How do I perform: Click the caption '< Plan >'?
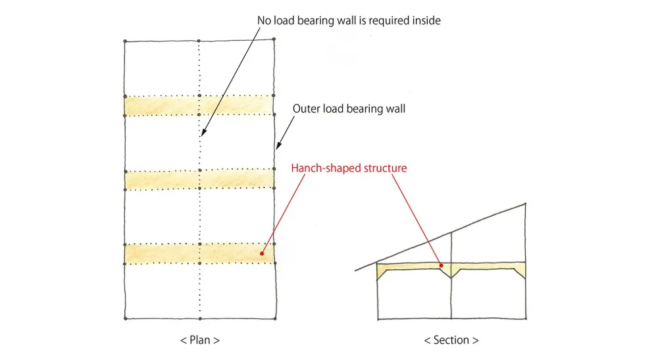pos(199,340)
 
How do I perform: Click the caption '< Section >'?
pos(451,340)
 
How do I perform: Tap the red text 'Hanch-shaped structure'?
pos(349,168)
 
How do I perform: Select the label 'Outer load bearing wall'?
pos(349,109)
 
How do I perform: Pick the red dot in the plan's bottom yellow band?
pos(262,252)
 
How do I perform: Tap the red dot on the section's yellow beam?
pos(442,265)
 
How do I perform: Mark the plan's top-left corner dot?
pos(124,41)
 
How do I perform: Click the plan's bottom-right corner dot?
pos(274,319)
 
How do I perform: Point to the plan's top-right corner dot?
pos(274,39)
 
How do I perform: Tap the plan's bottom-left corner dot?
pos(124,319)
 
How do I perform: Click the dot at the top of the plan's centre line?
pos(199,40)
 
